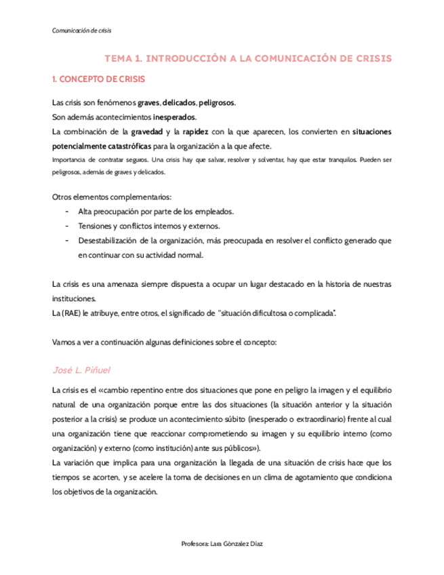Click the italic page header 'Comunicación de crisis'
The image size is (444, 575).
point(82,31)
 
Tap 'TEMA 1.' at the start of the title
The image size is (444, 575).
point(123,58)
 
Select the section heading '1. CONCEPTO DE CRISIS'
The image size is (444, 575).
point(98,79)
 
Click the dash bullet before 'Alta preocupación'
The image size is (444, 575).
point(66,212)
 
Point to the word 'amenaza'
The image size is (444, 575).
point(125,283)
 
